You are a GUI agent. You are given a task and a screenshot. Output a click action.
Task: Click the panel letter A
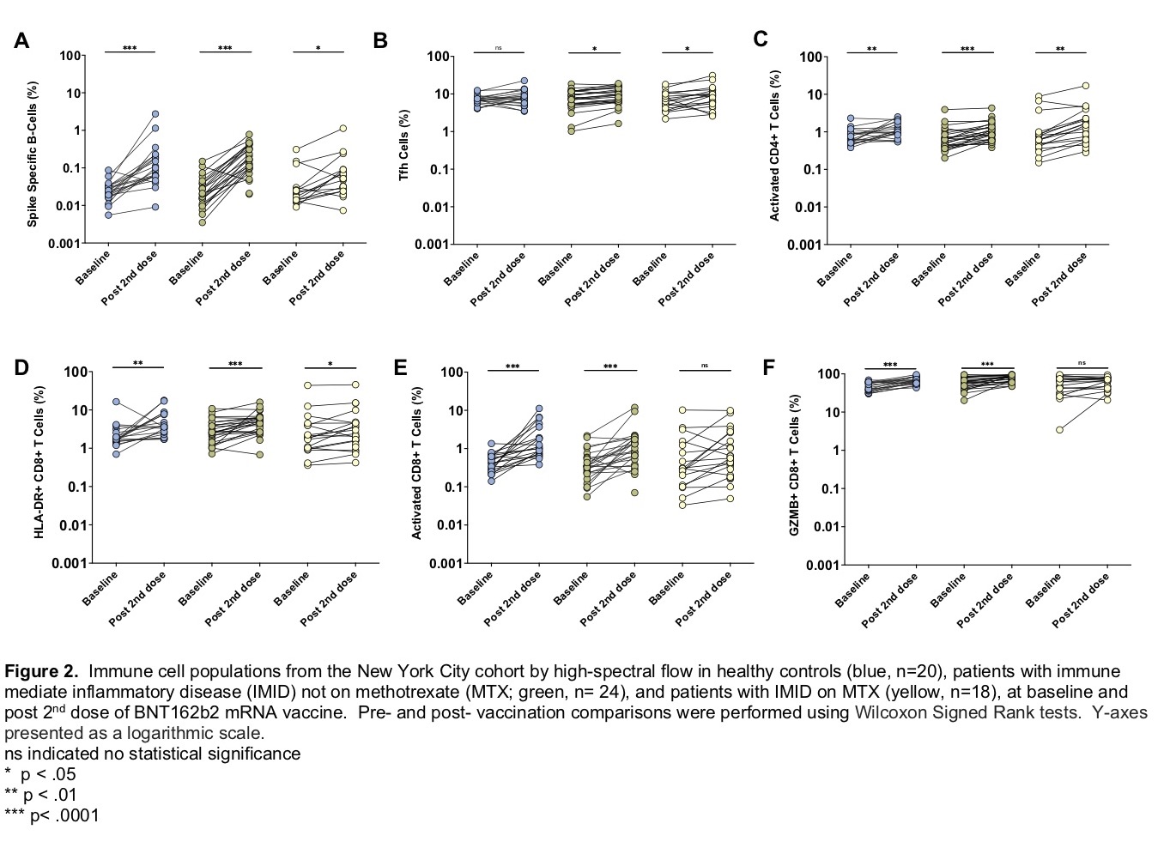[21, 40]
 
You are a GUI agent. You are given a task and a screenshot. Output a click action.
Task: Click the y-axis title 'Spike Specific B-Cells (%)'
[33, 154]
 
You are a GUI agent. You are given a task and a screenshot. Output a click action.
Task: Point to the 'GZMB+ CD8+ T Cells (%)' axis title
[794, 466]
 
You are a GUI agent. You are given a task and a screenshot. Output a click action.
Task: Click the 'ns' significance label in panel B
[498, 48]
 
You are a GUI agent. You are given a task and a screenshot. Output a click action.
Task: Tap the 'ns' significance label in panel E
[705, 366]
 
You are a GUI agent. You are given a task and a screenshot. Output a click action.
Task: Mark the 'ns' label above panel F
[1082, 363]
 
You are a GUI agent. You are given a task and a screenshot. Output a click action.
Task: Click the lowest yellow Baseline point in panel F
[1060, 429]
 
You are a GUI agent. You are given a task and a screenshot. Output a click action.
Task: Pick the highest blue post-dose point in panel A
[155, 113]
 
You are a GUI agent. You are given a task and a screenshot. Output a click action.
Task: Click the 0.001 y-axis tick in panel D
[73, 563]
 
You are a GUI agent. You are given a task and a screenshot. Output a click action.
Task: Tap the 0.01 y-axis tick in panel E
[451, 525]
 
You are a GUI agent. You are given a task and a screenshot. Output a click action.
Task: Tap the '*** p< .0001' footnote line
[52, 815]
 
